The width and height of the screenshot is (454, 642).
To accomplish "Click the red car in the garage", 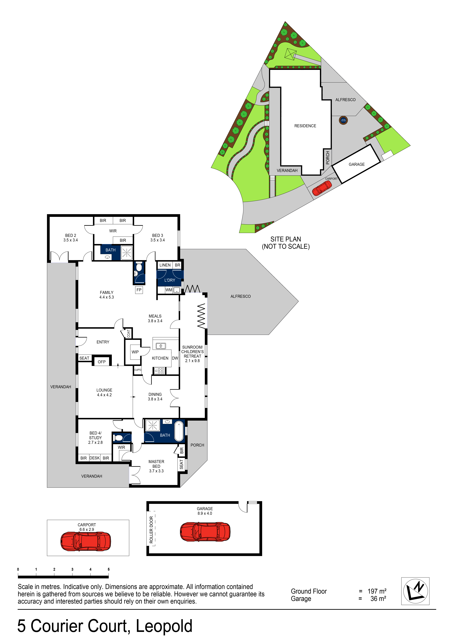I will pos(205,531).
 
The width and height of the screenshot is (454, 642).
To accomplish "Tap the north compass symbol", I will pos(415,591).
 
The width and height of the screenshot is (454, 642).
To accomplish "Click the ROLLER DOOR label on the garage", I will pos(151,530).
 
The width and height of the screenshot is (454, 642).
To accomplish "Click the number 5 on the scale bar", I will pos(109,569).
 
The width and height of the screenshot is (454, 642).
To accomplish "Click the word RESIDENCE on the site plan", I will pos(305,126).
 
